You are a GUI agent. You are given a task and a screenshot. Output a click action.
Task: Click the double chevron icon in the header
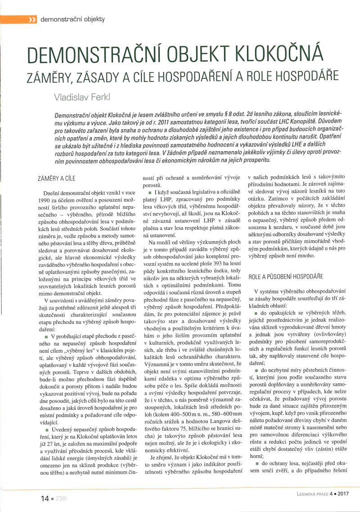coord(31,20)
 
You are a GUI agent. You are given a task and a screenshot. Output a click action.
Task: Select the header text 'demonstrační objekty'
coord(72,19)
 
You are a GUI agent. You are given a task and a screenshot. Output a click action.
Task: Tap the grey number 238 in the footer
coord(61,498)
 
